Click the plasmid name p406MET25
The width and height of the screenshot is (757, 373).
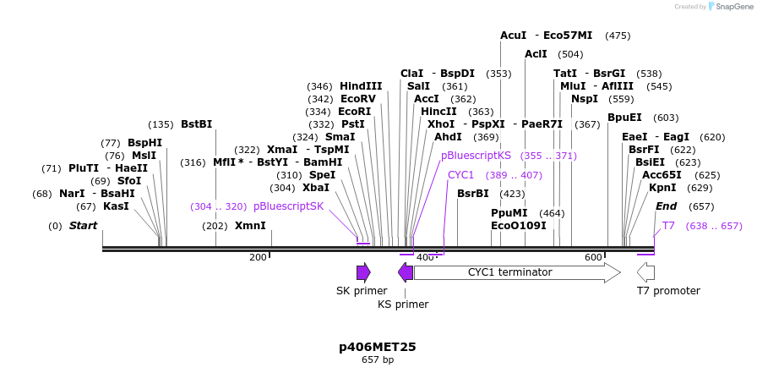tap(377, 347)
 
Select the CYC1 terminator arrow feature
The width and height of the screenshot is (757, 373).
tap(516, 272)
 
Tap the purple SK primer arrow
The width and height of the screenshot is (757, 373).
tap(363, 272)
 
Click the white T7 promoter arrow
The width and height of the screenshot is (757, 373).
tap(645, 272)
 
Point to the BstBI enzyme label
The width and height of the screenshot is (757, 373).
tap(196, 124)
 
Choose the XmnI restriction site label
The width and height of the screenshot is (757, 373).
tap(250, 226)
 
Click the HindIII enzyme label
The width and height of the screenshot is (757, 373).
tap(361, 86)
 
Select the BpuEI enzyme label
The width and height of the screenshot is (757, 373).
tap(624, 118)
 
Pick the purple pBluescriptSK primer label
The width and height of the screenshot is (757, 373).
tap(288, 206)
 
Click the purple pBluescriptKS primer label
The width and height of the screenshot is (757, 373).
tap(476, 156)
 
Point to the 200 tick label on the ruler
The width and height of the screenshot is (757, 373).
tap(258, 257)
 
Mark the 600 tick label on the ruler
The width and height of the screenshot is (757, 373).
tap(592, 257)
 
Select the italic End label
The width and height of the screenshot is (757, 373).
tap(666, 206)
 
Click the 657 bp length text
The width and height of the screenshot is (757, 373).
tap(377, 360)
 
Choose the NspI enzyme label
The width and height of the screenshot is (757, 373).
tap(584, 99)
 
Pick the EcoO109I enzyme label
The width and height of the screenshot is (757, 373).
tap(518, 226)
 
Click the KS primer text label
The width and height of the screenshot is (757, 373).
tap(403, 304)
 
